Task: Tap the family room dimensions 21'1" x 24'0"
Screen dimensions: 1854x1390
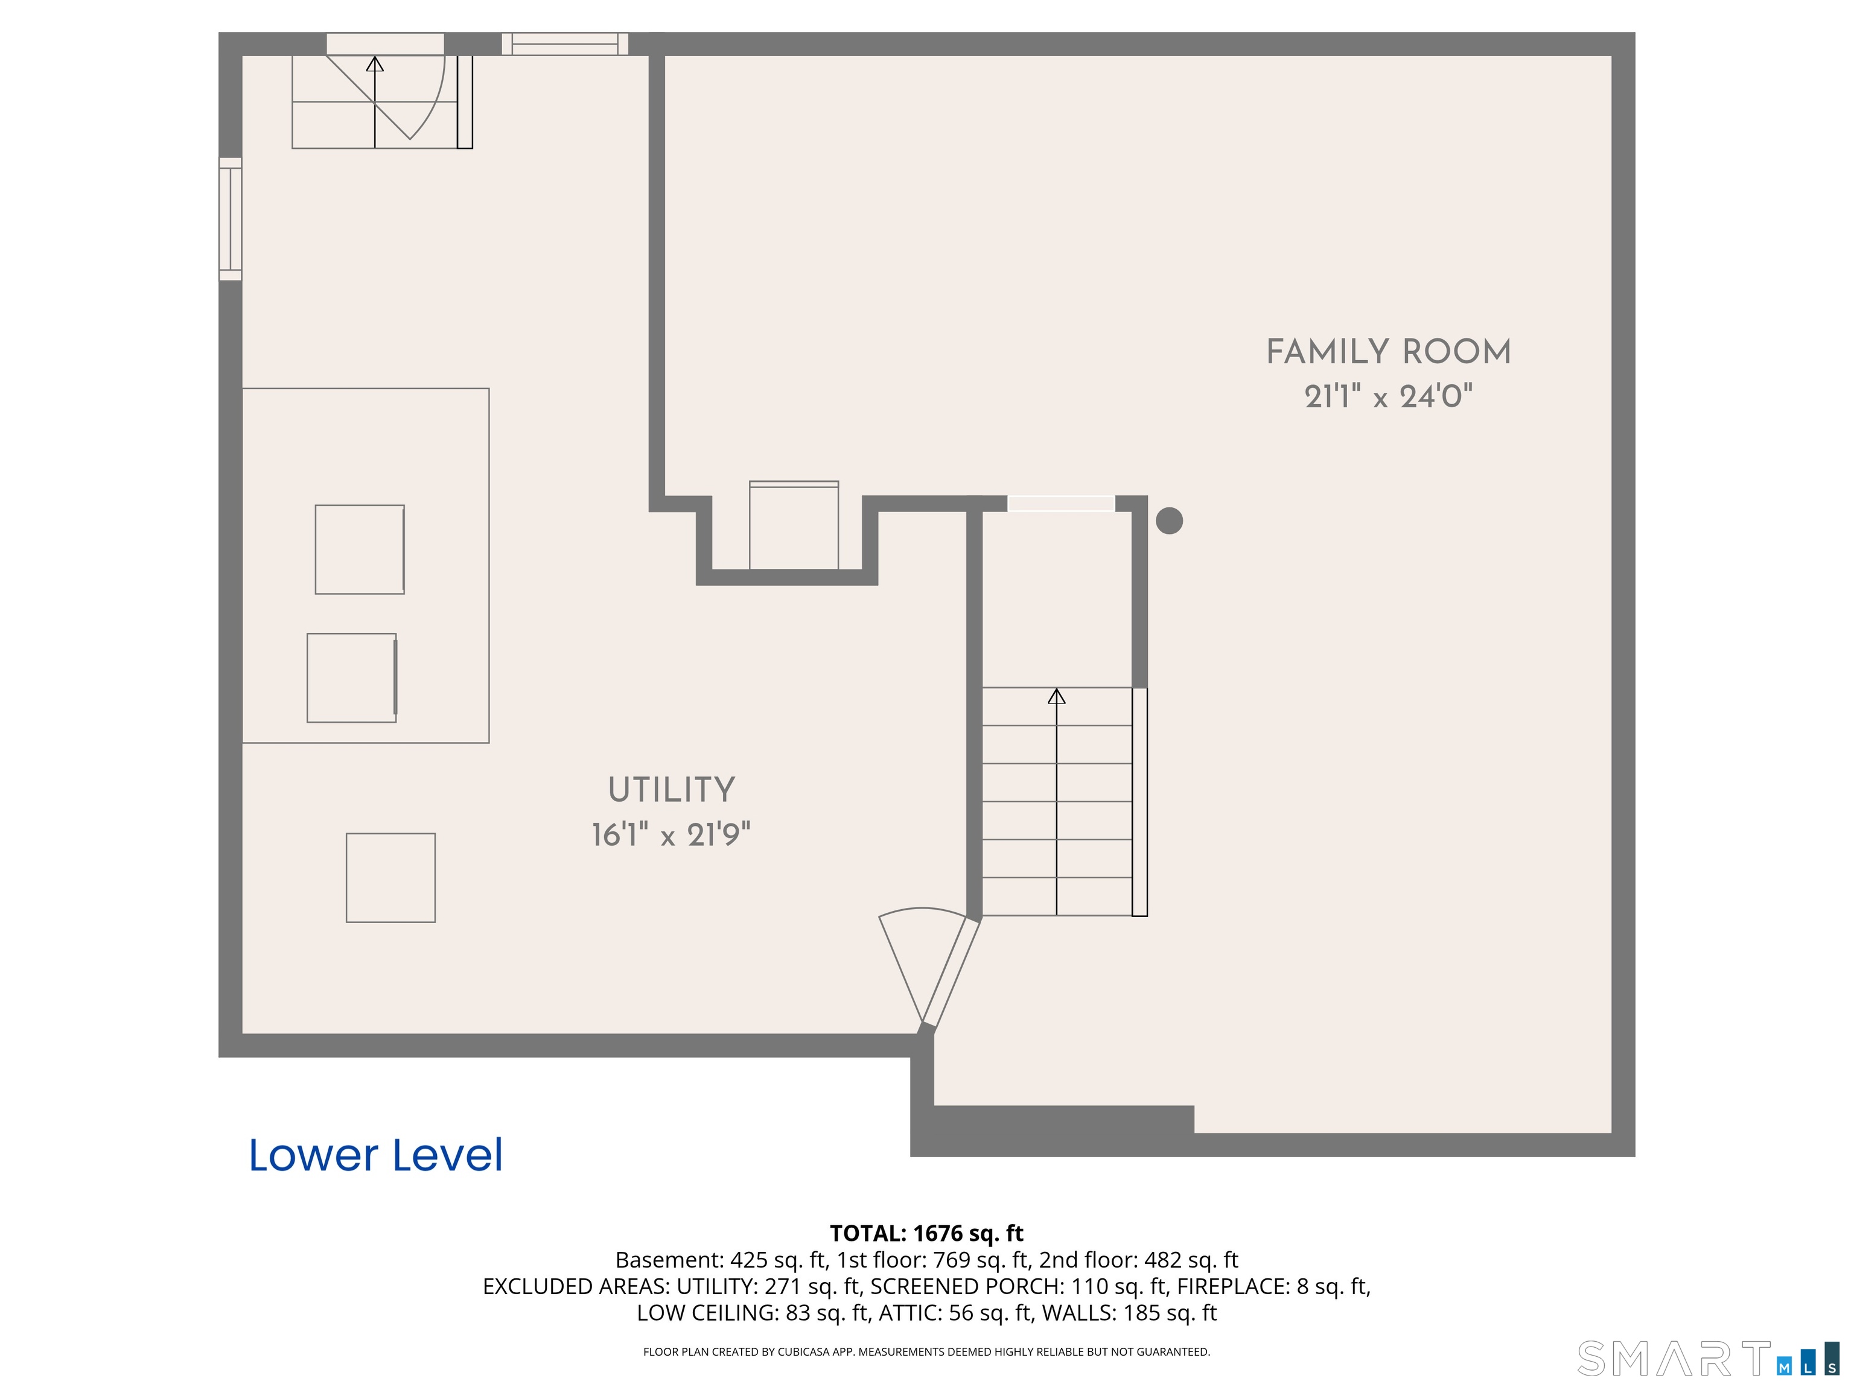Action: coord(1388,396)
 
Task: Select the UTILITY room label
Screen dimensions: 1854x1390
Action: coord(671,790)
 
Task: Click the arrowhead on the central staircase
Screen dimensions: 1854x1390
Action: coord(1057,696)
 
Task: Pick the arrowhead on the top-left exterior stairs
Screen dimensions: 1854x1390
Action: coord(375,64)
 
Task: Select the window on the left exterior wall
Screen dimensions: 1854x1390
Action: coord(231,218)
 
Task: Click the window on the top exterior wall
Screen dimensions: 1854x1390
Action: coord(565,43)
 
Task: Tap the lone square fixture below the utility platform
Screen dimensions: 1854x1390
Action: coord(390,877)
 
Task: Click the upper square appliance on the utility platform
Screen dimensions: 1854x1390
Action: coord(360,550)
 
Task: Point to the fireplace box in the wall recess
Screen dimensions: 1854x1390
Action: coord(794,525)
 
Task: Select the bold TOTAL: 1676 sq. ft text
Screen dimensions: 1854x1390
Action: coord(926,1233)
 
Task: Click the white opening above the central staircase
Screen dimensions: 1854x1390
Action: coord(1061,504)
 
